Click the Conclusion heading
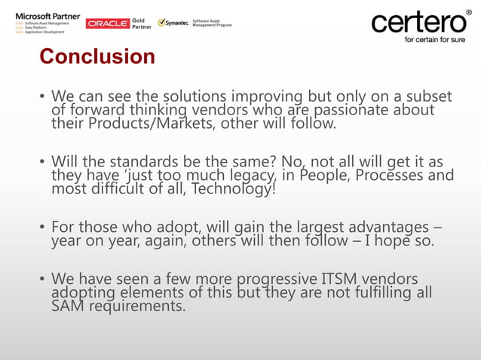(x=97, y=56)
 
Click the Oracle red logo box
(x=108, y=23)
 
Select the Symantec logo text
(x=176, y=23)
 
